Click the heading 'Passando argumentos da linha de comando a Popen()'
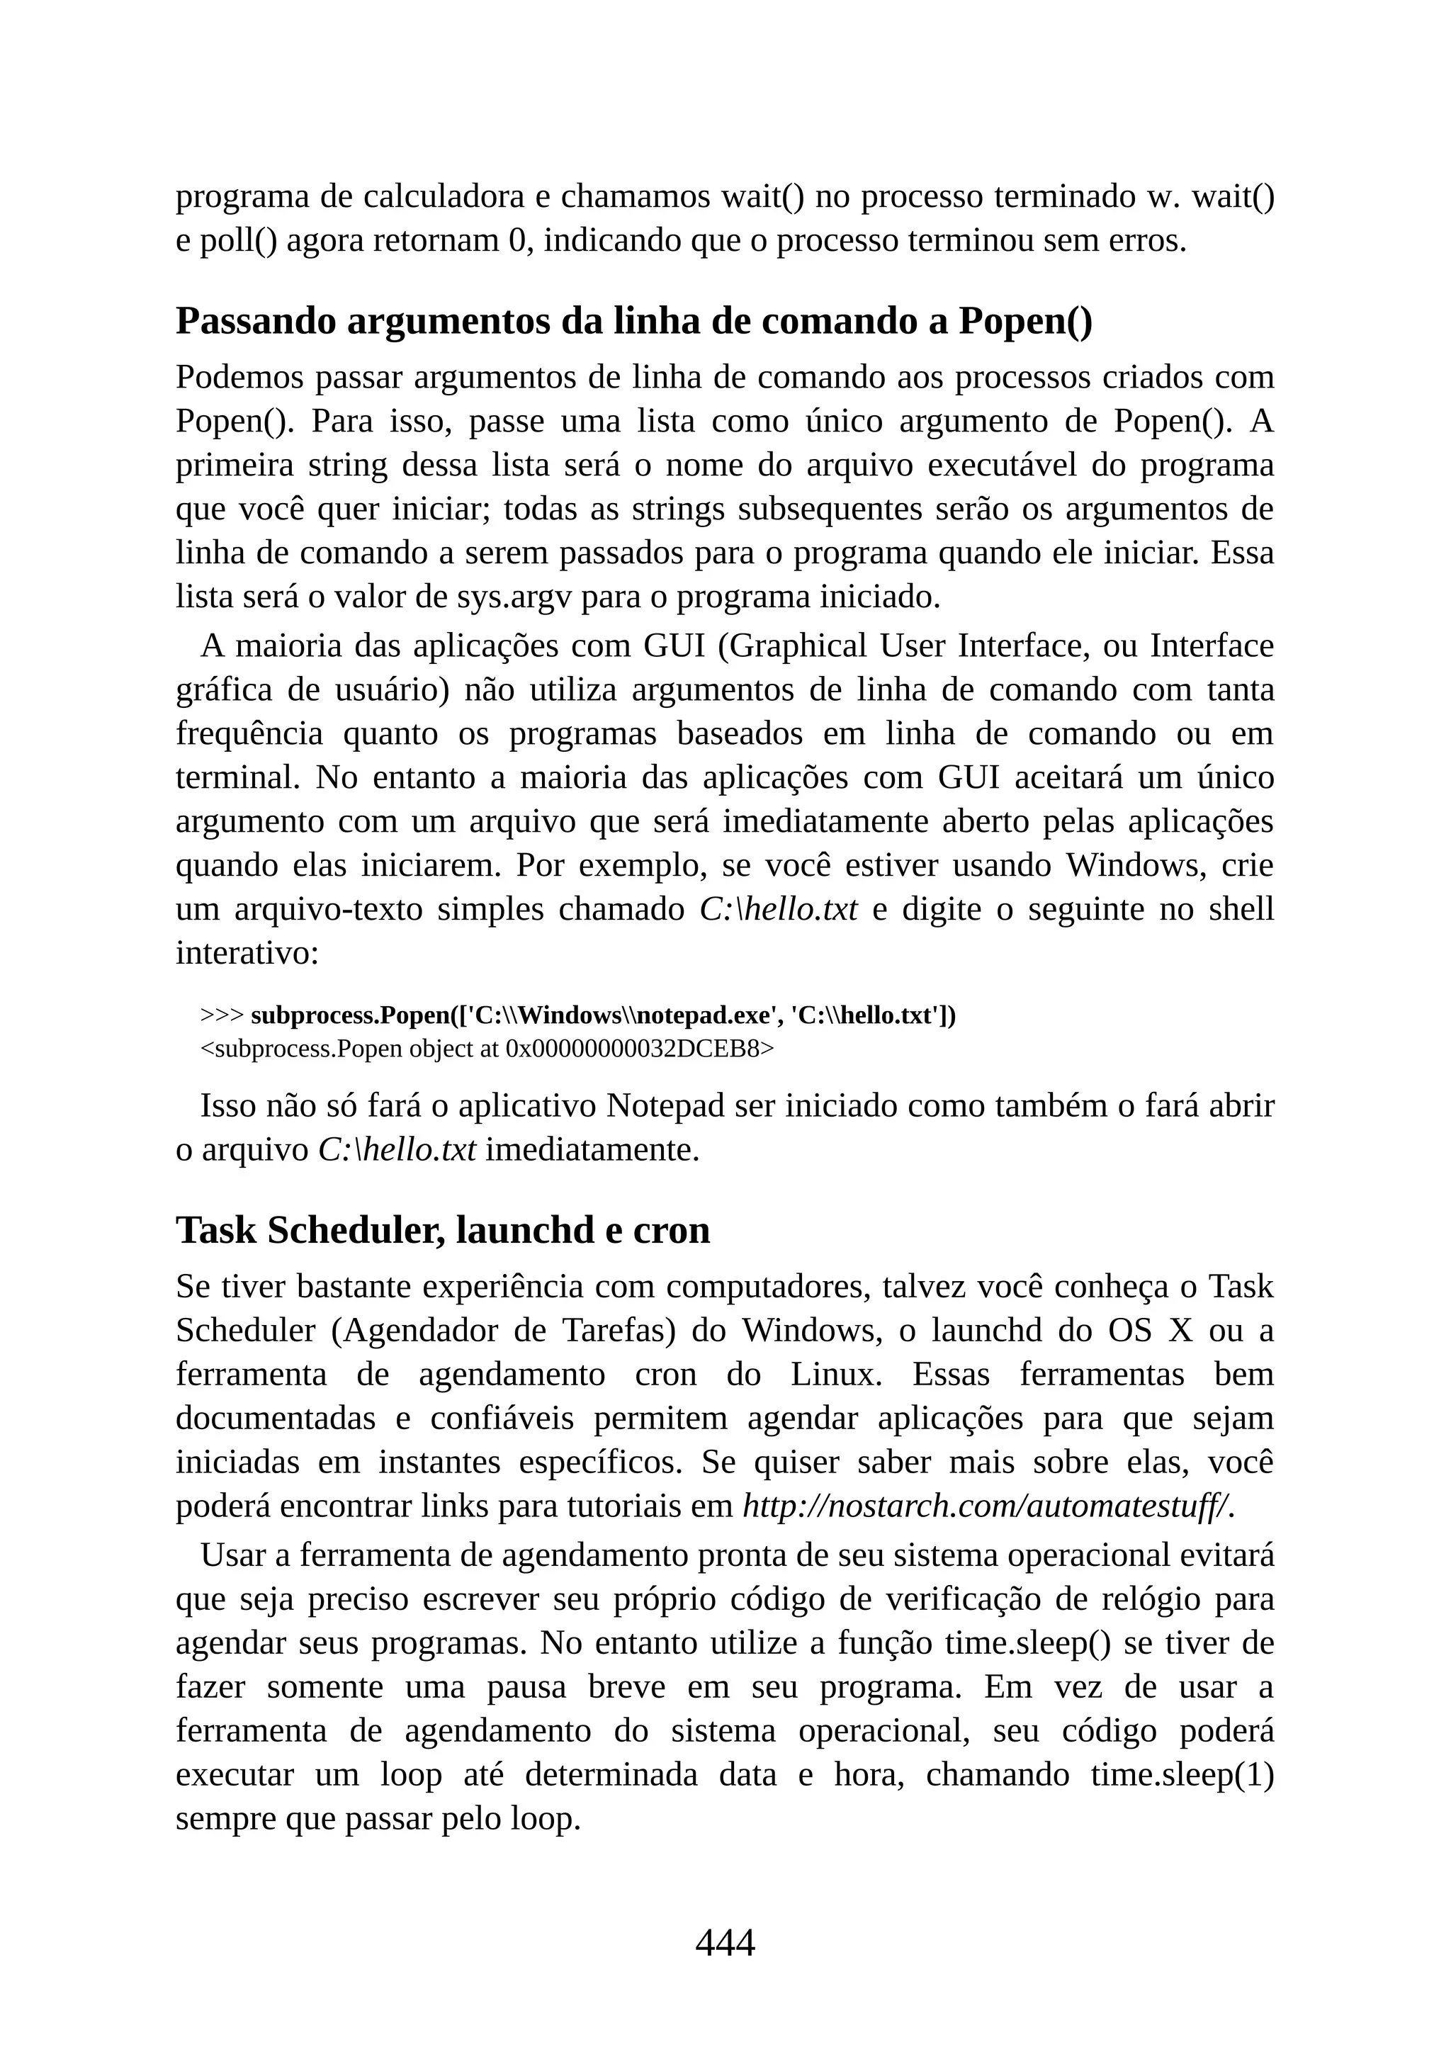pyautogui.click(x=633, y=321)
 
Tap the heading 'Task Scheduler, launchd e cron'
pyautogui.click(x=442, y=1230)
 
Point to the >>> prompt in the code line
pyautogui.click(x=222, y=1015)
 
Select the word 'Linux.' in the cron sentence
pyautogui.click(x=836, y=1374)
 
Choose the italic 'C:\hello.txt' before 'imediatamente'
pyautogui.click(x=397, y=1149)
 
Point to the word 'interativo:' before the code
pyautogui.click(x=247, y=953)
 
